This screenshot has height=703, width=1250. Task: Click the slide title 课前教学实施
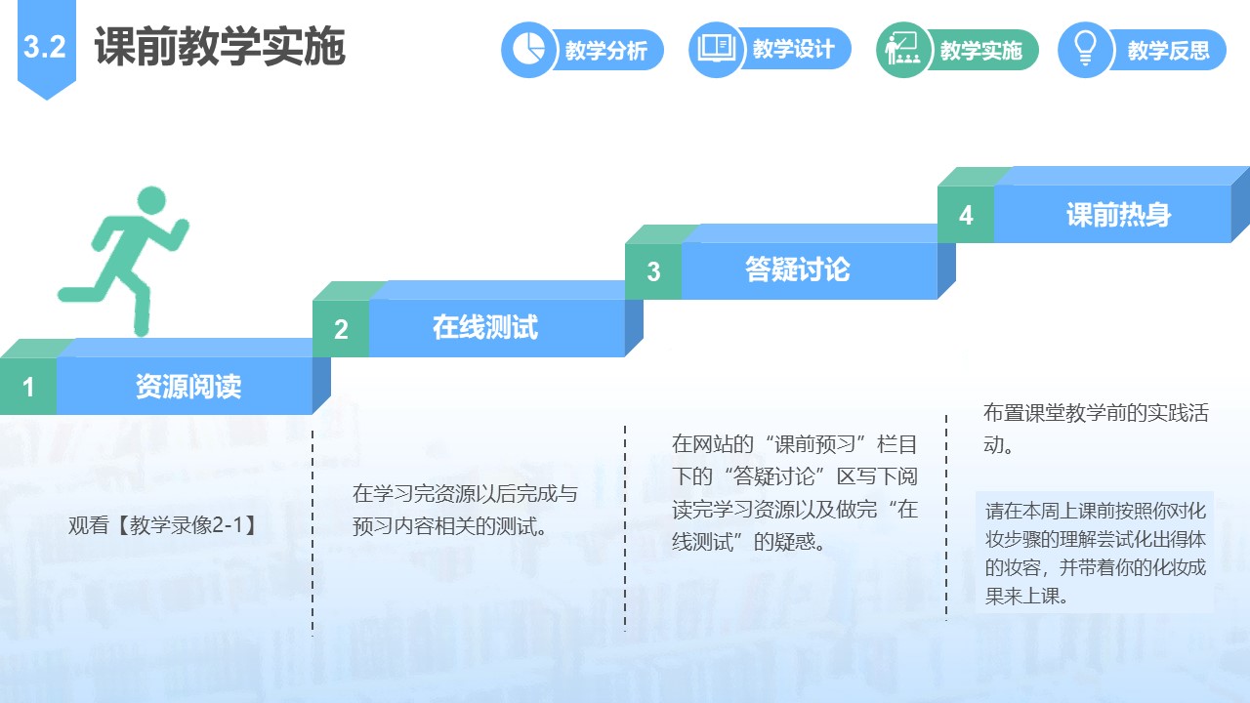220,46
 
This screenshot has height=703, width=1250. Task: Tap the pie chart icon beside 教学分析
528,49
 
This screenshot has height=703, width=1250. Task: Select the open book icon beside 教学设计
716,49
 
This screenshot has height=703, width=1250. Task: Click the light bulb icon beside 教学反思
1085,49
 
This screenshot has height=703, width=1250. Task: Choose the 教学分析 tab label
606,50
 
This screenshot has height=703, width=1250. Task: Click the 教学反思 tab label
1169,50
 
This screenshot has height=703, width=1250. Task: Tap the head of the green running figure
151,201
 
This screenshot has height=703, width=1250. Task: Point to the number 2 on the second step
341,329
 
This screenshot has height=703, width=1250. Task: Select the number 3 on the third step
653,271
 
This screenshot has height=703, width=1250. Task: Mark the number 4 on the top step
966,215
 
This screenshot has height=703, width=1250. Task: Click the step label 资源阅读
188,386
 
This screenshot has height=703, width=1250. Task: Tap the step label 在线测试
485,327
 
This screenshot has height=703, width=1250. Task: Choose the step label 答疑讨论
798,269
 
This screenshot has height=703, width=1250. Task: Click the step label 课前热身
1118,214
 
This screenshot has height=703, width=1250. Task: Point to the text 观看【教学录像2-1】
163,525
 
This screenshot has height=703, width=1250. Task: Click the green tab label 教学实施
981,50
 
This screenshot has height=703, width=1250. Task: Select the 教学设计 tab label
794,49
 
